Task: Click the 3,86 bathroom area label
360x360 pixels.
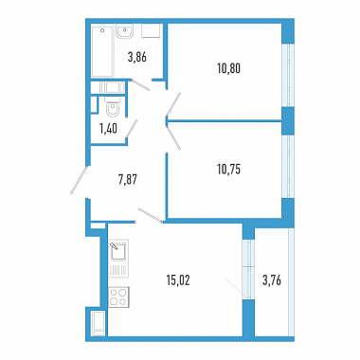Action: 137,58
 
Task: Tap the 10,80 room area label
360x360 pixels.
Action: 229,68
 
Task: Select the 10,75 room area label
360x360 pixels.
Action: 229,170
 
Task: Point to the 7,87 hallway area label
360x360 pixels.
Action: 127,180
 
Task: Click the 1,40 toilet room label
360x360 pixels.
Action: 108,129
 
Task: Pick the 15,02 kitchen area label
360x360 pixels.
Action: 178,280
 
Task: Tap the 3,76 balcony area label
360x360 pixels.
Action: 272,280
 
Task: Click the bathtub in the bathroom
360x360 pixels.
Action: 102,51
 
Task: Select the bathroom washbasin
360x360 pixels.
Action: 124,31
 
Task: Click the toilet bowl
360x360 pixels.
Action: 113,106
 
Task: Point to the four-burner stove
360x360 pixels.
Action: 118,297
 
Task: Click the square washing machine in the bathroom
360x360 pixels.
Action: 152,31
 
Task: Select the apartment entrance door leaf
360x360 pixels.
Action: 79,180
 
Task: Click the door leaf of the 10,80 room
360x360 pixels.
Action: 173,104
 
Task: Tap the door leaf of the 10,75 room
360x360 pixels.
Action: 173,135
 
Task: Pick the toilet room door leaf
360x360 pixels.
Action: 131,129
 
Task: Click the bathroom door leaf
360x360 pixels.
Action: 140,85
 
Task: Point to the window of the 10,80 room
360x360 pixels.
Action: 288,75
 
